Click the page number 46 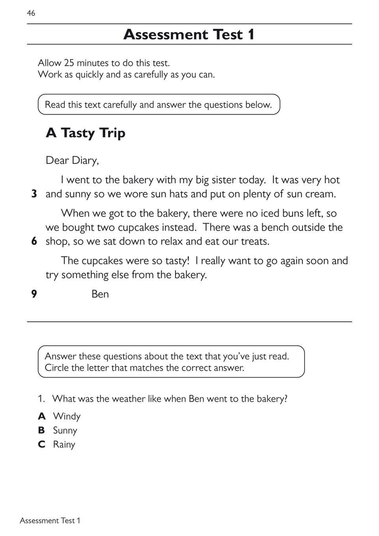point(31,13)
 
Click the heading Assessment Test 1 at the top point(189,35)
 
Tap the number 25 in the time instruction point(69,63)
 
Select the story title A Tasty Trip point(86,133)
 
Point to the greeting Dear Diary point(72,160)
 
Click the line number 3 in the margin point(34,194)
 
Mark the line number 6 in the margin point(34,241)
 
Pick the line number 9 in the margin point(34,294)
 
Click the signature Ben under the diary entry point(100,294)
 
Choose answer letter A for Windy point(42,416)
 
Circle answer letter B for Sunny point(41,430)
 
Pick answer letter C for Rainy point(42,445)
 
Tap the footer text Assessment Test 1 point(50,521)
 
